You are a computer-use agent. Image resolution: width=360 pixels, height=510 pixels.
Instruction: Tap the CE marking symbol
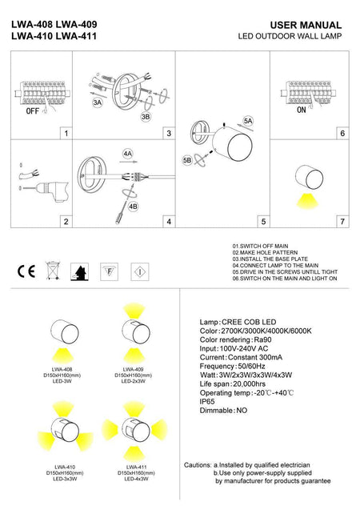coord(25,271)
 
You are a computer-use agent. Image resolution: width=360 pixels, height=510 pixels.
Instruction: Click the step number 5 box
coord(263,221)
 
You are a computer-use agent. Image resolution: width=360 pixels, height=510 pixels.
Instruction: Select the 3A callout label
coord(98,104)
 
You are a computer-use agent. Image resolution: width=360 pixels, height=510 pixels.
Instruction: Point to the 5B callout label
coord(187,161)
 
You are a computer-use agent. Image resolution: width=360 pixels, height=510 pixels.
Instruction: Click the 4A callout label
coord(128,153)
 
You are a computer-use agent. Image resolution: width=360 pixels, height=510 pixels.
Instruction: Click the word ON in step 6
coord(302,112)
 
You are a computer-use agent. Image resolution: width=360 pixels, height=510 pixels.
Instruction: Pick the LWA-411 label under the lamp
coord(135,467)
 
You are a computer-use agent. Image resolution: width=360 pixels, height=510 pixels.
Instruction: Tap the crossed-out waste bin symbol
coord(53,271)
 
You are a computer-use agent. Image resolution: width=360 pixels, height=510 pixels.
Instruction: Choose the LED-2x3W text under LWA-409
coord(134,381)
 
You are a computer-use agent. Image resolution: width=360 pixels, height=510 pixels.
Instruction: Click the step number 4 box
coord(168,221)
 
